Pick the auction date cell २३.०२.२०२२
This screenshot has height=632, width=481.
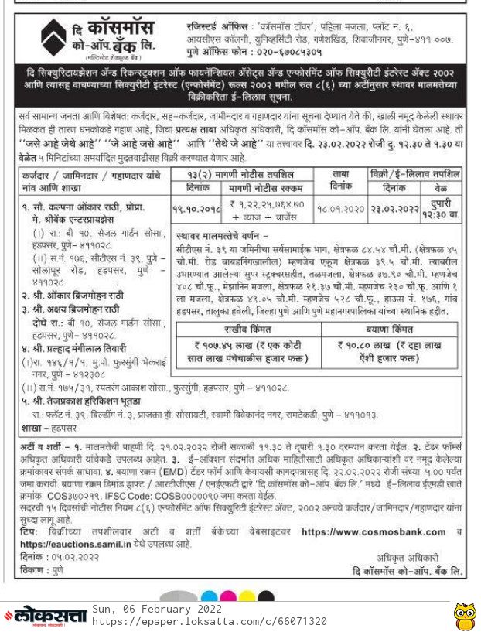coord(392,209)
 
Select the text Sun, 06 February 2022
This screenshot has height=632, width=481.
coord(152,609)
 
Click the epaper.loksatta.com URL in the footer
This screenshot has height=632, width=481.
coord(209,621)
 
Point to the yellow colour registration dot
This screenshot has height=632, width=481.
coord(247,596)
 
